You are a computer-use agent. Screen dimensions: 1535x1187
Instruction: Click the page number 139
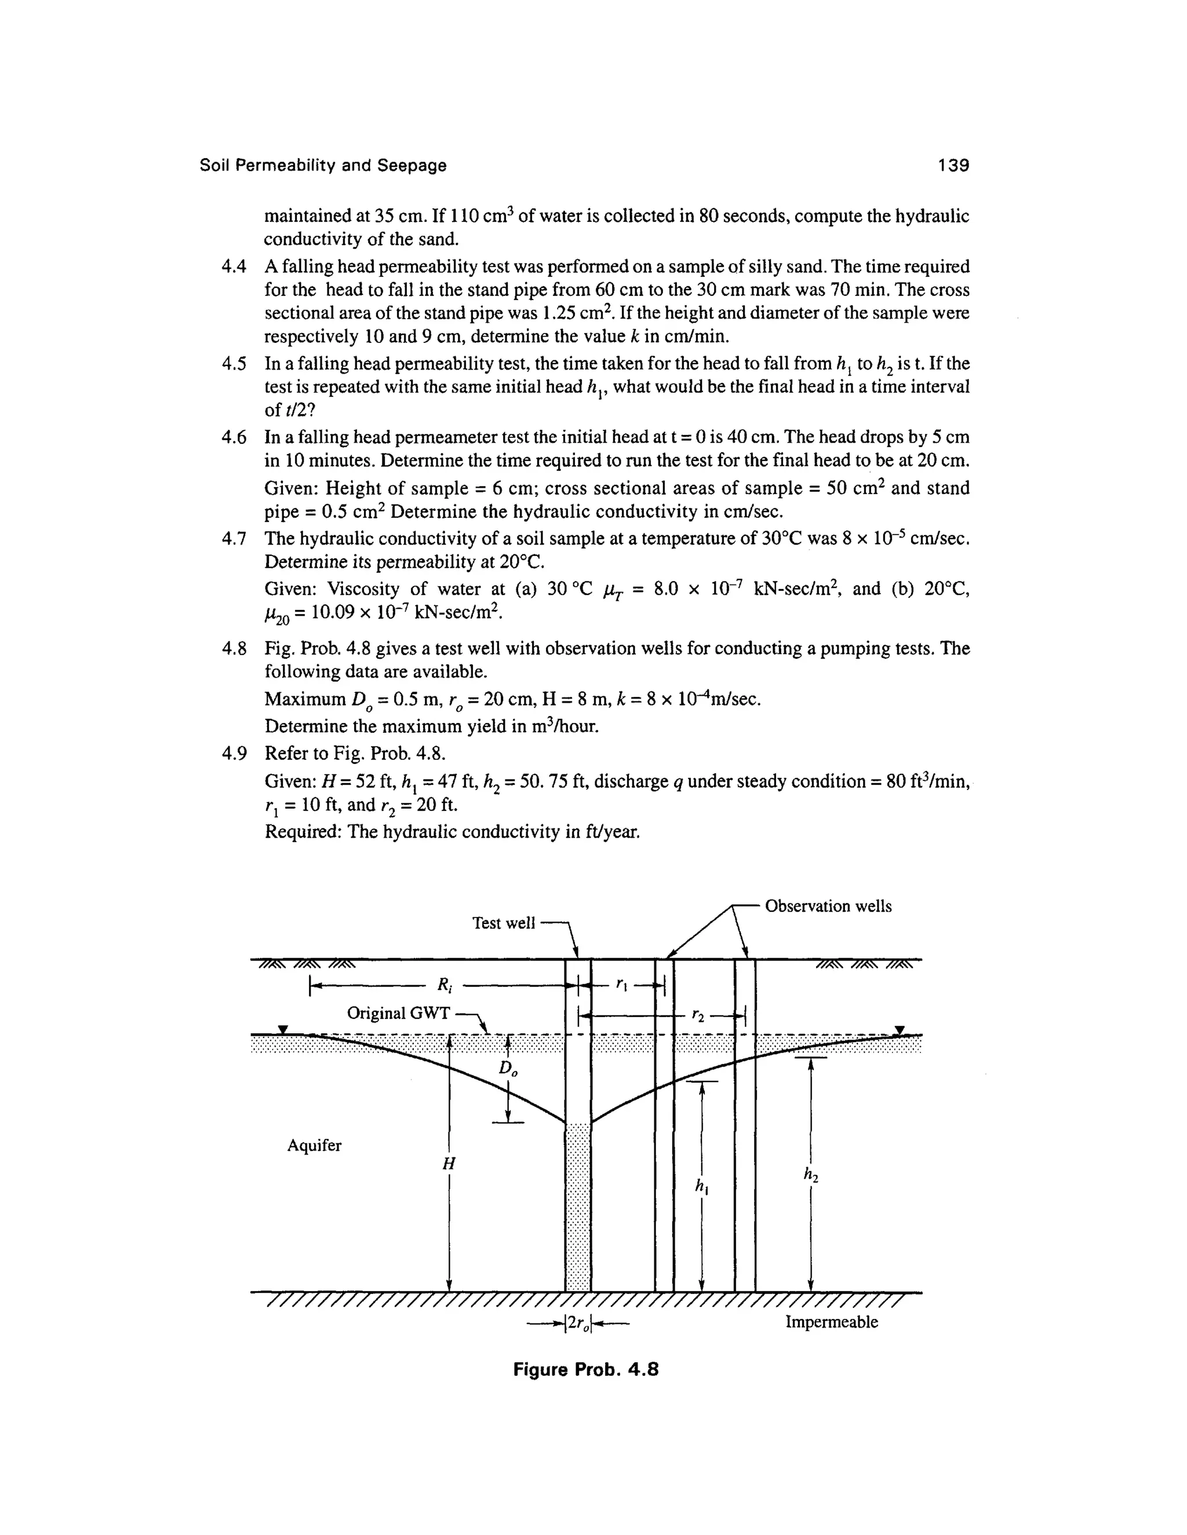coord(953,166)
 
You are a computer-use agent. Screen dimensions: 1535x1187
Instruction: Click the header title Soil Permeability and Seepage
coord(323,166)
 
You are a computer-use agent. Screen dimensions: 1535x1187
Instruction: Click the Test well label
coord(504,923)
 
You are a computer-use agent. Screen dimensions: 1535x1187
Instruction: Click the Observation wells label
coord(828,906)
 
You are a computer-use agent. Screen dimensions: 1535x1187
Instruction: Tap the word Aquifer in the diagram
coord(314,1146)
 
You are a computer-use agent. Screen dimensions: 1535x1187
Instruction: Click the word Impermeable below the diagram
coord(831,1322)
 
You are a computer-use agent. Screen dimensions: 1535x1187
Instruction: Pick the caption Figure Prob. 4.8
coord(586,1370)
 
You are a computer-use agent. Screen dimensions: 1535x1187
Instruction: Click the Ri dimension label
coord(445,985)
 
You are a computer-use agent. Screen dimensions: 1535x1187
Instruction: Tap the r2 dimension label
coord(697,1014)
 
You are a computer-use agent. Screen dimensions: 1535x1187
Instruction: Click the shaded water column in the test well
coord(578,1209)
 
